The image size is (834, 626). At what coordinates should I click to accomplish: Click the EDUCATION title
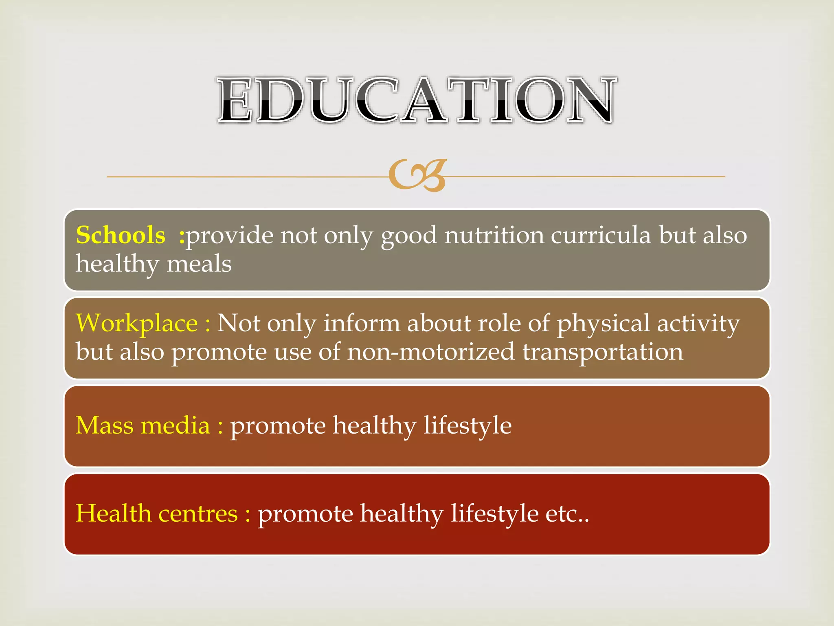[x=416, y=100]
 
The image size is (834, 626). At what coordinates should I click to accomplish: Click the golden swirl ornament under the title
[x=417, y=175]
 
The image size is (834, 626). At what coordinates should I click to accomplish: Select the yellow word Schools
[x=121, y=235]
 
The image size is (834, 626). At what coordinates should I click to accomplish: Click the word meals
[x=199, y=264]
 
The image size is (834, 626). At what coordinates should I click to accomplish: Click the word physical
[x=603, y=324]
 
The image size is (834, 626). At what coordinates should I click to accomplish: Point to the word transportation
[x=603, y=353]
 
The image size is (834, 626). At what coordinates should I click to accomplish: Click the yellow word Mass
[x=105, y=425]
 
